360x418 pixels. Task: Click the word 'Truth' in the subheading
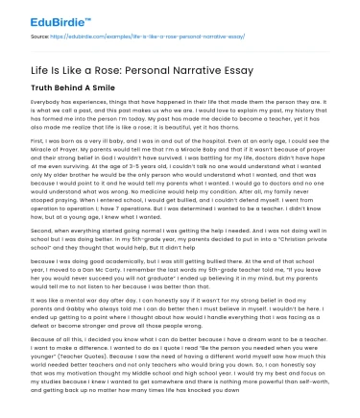[x=43, y=92]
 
